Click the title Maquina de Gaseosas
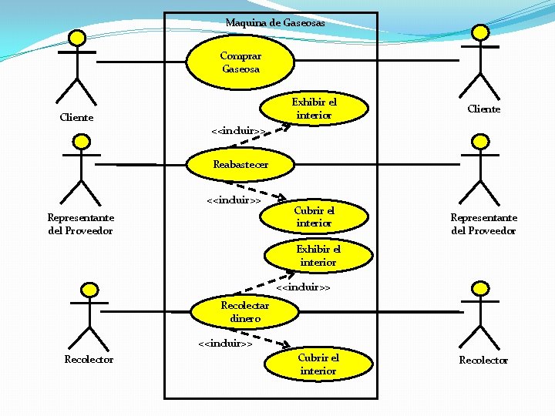tap(275, 23)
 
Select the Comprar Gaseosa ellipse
tap(240, 62)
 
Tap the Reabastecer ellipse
tap(240, 164)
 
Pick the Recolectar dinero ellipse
tap(240, 311)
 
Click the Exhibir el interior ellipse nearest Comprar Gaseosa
tap(314, 109)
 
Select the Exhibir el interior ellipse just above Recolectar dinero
tap(318, 256)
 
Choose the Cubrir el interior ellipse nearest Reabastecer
tap(314, 216)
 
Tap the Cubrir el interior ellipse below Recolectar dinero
tap(318, 364)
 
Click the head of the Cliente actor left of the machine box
tap(76, 38)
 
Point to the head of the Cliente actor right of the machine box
tap(480, 32)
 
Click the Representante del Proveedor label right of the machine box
tap(483, 224)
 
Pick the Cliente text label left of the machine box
tap(76, 118)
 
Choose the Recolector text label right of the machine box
tap(483, 360)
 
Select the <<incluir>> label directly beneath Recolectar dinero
tap(225, 344)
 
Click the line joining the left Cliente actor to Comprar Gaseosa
tap(143, 61)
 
